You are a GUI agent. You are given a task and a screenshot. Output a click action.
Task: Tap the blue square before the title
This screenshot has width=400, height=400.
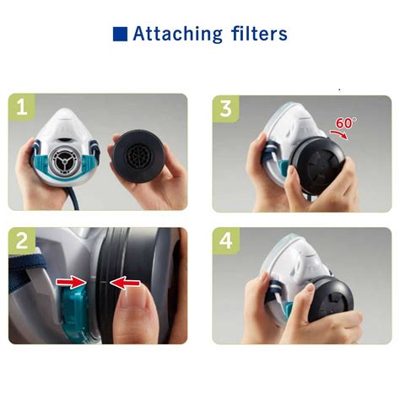(120, 35)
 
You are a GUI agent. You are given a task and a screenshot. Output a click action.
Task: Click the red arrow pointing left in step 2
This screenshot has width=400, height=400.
(126, 284)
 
